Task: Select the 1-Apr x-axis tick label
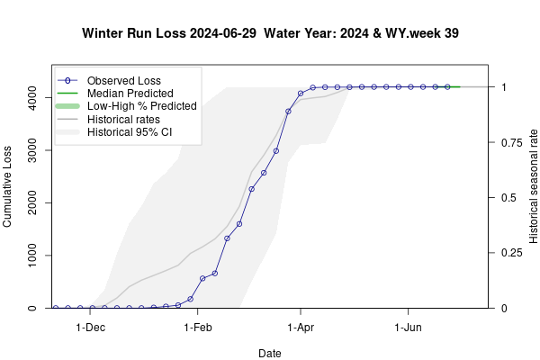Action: coord(301,328)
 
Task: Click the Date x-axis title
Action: coord(270,354)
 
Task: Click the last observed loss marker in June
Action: coord(447,87)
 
